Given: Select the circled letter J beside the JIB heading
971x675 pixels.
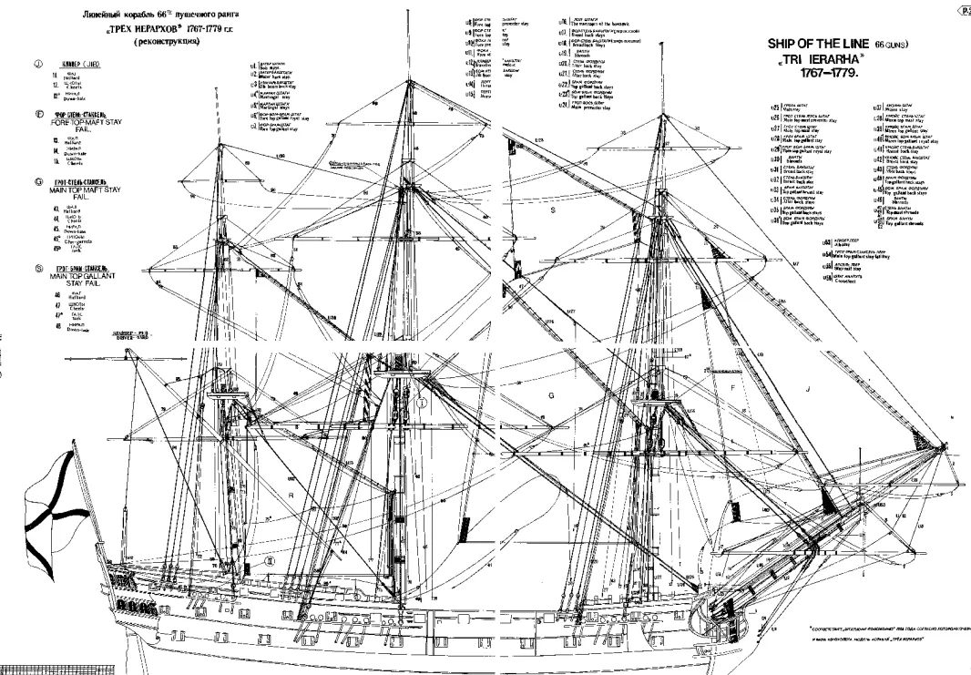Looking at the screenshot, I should point(38,64).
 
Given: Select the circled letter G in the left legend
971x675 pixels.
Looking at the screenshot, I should point(38,182).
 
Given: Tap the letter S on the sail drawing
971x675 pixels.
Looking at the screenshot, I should point(552,210).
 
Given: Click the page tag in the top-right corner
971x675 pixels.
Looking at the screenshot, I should point(964,8).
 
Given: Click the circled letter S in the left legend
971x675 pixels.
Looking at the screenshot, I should point(38,268).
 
